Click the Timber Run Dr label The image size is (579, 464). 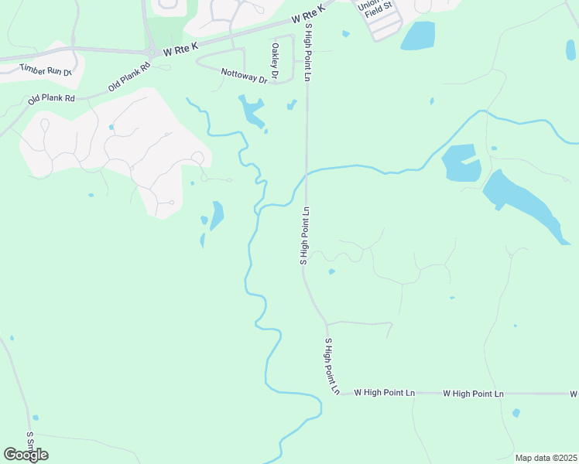click(x=46, y=70)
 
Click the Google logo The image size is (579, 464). click(x=26, y=454)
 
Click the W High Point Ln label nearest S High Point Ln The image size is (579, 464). click(x=384, y=393)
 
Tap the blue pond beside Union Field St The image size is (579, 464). click(x=418, y=35)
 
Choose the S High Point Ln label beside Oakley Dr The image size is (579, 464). click(x=307, y=52)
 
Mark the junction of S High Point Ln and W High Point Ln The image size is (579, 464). click(x=341, y=393)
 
